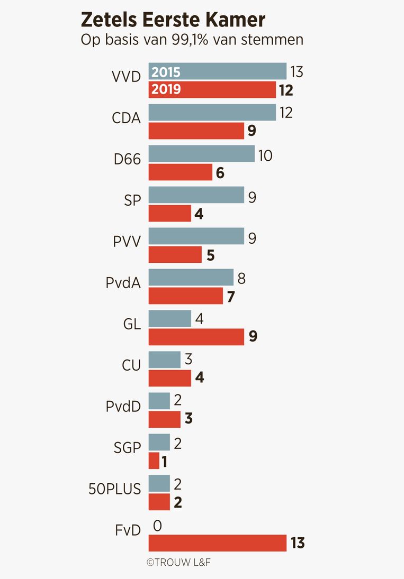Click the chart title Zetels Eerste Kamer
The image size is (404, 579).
pyautogui.click(x=173, y=20)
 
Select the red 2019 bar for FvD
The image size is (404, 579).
pyautogui.click(x=217, y=543)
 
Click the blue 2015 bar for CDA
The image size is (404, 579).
pyautogui.click(x=212, y=113)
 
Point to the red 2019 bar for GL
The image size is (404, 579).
pyautogui.click(x=196, y=337)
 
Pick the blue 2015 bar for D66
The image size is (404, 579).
pyautogui.click(x=201, y=154)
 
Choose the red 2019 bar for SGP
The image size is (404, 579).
pyautogui.click(x=154, y=461)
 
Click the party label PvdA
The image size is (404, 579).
pyautogui.click(x=123, y=283)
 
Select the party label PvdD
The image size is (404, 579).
pyautogui.click(x=123, y=407)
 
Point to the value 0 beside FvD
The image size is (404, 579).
pyautogui.click(x=157, y=525)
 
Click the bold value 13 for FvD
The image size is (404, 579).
pyautogui.click(x=298, y=543)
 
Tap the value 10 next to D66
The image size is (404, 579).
pyautogui.click(x=265, y=155)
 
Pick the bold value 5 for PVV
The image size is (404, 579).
pyautogui.click(x=210, y=255)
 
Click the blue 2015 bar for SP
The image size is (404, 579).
pyautogui.click(x=196, y=195)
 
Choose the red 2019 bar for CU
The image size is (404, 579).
pyautogui.click(x=169, y=378)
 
